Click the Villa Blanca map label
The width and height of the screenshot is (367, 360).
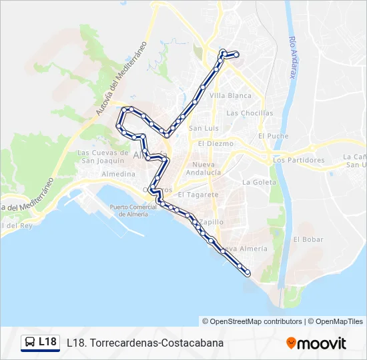[x=230, y=95]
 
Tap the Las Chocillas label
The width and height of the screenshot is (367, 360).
[x=250, y=113]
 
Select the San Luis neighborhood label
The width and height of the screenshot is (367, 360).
[x=204, y=129]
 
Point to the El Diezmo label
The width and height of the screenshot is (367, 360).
[x=216, y=143]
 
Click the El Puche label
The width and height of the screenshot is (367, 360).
[x=274, y=136]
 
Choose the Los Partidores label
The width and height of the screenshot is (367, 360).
[x=298, y=160]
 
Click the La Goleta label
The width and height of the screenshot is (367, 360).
[x=259, y=182]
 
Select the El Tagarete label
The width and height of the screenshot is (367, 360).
[x=198, y=195]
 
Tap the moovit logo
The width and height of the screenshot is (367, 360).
[x=316, y=343]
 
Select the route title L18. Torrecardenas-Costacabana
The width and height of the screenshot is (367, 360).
[x=145, y=343]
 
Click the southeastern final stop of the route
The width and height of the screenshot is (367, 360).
[x=248, y=273]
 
